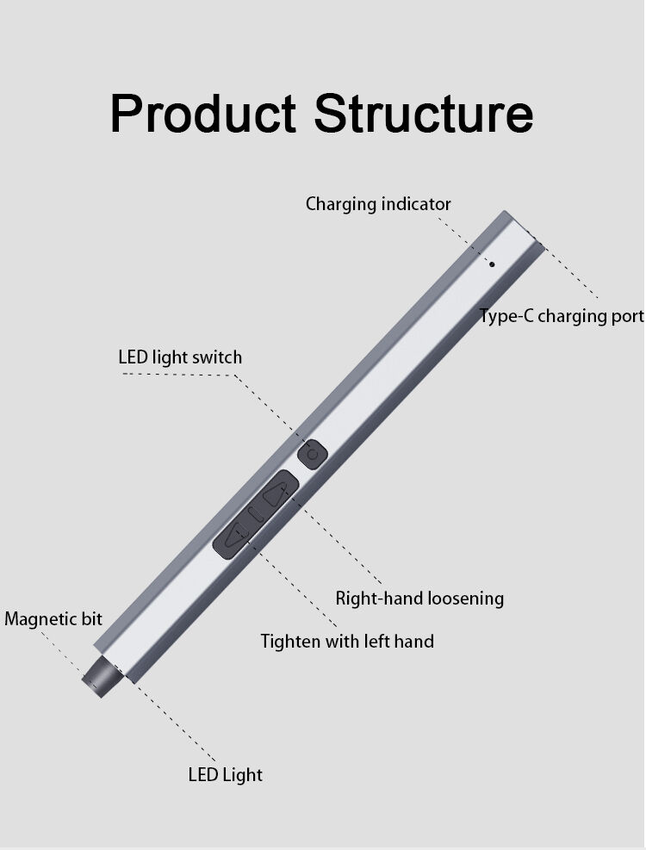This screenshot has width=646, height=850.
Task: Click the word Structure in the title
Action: [x=423, y=113]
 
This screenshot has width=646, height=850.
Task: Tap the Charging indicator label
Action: [x=378, y=204]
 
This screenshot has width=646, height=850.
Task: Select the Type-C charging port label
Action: [x=562, y=316]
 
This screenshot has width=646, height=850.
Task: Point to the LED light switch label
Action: [x=180, y=357]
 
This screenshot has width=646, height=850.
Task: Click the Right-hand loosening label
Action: [x=419, y=598]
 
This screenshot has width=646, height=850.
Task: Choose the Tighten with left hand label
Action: [x=347, y=641]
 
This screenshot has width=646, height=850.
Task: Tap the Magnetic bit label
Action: [x=53, y=618]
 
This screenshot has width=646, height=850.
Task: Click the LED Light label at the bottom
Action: [x=225, y=774]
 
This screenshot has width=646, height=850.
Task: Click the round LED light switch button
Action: [x=312, y=454]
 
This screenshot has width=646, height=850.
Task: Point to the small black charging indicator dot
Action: [x=492, y=264]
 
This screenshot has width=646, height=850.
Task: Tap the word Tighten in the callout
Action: [x=289, y=641]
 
